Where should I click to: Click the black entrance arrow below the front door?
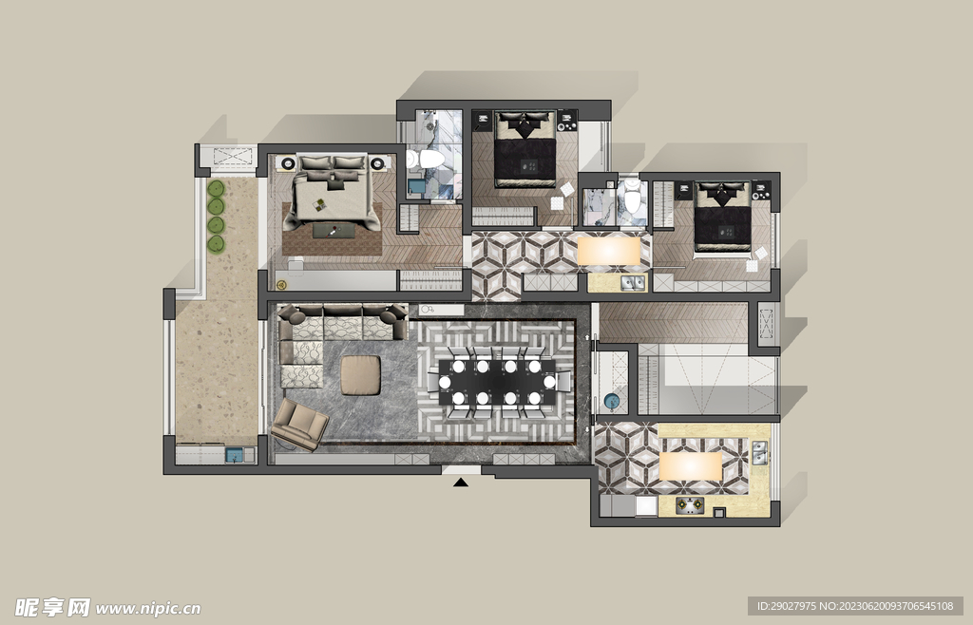tap(461, 482)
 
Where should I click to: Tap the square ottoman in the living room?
tap(360, 374)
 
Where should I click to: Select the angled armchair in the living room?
tap(299, 425)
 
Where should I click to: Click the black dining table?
tap(497, 382)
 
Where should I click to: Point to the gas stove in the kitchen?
tap(690, 506)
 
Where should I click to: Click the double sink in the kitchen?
tap(759, 453)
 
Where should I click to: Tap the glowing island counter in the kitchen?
tap(690, 466)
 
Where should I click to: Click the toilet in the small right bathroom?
tap(632, 196)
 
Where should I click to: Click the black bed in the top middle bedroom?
tap(525, 149)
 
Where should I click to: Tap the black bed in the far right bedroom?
tap(722, 219)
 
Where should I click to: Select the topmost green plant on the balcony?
tap(216, 188)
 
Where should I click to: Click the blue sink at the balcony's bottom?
tap(235, 455)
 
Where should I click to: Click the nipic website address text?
tap(148, 608)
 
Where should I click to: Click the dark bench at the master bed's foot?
tap(334, 231)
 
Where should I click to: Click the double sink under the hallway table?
tap(633, 283)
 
